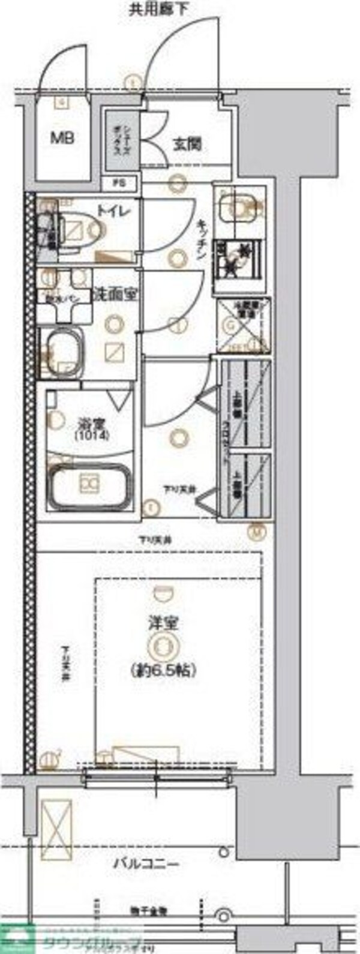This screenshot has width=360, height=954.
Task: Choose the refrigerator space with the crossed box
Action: tap(242, 325)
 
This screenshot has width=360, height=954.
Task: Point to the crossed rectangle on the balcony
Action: tap(55, 823)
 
